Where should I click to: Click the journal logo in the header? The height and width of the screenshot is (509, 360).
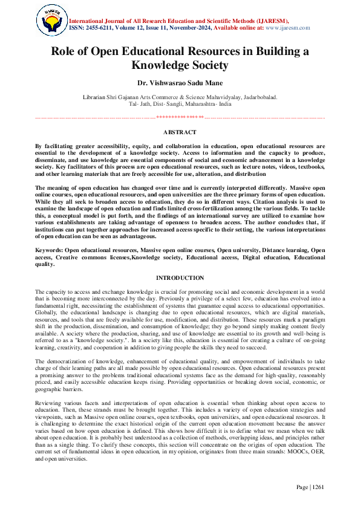coord(50,20)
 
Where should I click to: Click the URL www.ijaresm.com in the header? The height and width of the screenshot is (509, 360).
coord(286,28)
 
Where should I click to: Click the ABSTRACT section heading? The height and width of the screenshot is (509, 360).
coord(180,132)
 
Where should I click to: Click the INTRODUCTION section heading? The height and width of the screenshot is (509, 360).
coord(180,277)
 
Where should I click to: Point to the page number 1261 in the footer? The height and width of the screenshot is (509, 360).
coord(318,487)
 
